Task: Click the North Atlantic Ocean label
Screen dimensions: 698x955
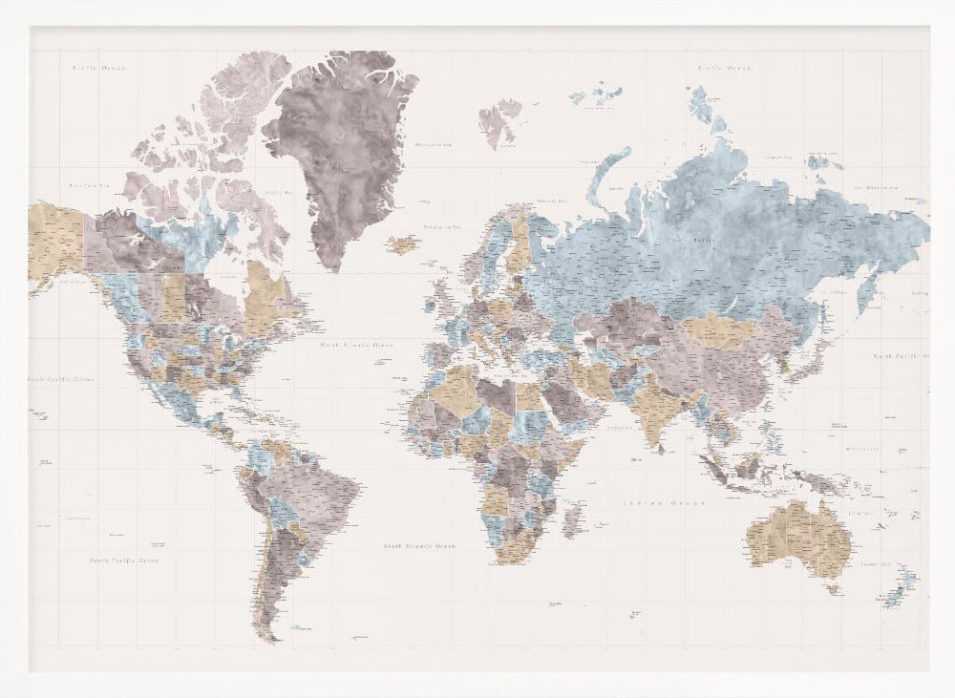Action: pos(356,345)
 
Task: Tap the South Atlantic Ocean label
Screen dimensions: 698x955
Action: pos(419,547)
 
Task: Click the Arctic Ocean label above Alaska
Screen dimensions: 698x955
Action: pos(98,69)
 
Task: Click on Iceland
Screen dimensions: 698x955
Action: pos(402,245)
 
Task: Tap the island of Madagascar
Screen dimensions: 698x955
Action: pos(573,521)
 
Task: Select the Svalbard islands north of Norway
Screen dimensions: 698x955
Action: pos(499,121)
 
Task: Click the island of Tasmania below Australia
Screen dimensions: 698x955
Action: pos(832,589)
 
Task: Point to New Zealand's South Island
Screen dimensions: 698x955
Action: pos(894,597)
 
